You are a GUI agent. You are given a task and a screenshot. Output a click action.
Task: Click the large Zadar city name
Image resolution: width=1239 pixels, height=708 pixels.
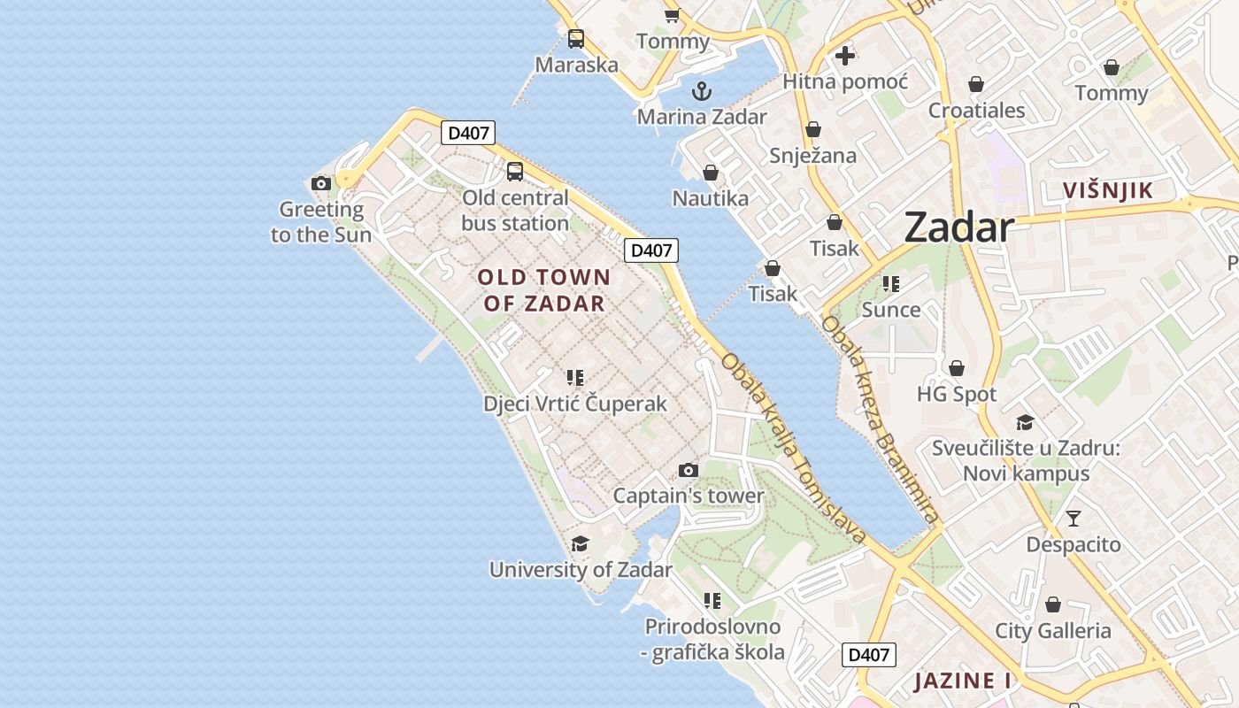(x=958, y=228)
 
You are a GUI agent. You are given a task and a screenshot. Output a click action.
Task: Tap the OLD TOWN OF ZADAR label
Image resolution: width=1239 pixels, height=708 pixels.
(x=544, y=290)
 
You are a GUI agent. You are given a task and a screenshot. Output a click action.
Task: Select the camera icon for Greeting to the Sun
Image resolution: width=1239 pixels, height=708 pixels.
(x=321, y=183)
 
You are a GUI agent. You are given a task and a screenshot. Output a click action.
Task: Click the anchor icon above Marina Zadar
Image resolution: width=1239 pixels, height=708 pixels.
(x=701, y=90)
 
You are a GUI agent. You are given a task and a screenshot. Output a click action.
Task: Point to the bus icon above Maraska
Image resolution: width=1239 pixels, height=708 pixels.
(x=576, y=39)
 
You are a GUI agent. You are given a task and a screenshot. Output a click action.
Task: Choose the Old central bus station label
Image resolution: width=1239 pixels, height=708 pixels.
(x=515, y=211)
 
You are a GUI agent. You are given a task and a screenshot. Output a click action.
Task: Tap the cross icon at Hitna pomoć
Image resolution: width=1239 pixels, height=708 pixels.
(x=845, y=56)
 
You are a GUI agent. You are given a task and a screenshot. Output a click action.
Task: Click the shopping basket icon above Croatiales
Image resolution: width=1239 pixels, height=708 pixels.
(x=976, y=84)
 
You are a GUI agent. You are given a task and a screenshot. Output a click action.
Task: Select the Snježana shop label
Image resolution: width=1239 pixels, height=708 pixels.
(x=812, y=156)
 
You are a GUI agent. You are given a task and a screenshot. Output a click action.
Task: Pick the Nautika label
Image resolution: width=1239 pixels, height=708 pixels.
(x=711, y=198)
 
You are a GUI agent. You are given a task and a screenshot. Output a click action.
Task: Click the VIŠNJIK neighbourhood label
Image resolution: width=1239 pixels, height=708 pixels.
(x=1108, y=190)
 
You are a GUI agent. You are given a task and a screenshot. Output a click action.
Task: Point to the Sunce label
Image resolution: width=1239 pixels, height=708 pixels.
(x=891, y=310)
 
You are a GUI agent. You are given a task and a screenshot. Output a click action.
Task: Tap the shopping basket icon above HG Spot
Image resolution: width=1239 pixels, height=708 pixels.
(x=956, y=368)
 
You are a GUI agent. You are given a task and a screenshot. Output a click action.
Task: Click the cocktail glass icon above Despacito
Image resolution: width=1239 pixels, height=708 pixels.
(x=1074, y=518)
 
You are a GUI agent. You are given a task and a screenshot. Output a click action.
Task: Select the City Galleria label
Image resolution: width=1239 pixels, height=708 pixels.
(x=1053, y=631)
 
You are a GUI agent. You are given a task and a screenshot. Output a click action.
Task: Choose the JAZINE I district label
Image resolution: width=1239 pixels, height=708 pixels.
(x=963, y=681)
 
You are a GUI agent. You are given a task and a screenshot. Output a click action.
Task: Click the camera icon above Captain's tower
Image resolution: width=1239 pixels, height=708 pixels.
(x=688, y=470)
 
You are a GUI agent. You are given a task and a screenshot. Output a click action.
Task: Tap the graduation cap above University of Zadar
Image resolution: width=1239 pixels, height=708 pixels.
(x=580, y=543)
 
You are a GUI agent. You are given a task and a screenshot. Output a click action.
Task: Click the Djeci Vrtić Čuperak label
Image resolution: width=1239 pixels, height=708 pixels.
(x=575, y=404)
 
